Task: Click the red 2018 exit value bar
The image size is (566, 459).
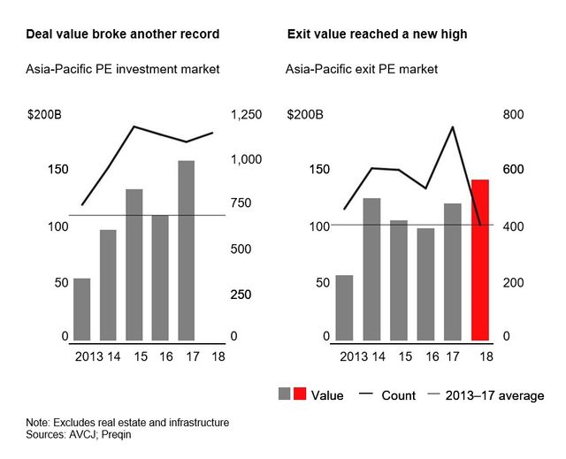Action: tap(480, 260)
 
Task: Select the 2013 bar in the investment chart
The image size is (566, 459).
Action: tap(81, 310)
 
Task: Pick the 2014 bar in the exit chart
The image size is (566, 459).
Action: tap(372, 269)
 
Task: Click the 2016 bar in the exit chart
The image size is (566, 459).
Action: tap(426, 284)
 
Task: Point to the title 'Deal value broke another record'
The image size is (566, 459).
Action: tap(123, 34)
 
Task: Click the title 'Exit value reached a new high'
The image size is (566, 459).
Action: tap(378, 34)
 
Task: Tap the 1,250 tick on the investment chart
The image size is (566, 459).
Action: tap(247, 115)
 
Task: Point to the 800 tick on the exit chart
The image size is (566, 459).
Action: tap(515, 115)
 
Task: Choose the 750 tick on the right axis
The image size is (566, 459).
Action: tap(241, 204)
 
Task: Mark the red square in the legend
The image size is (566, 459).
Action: tap(300, 394)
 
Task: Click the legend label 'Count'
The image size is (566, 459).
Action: tap(398, 395)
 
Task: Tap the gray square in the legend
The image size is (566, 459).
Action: tap(285, 394)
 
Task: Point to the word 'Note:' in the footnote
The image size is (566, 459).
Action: tap(40, 423)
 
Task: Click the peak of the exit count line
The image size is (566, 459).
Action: tap(453, 126)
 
